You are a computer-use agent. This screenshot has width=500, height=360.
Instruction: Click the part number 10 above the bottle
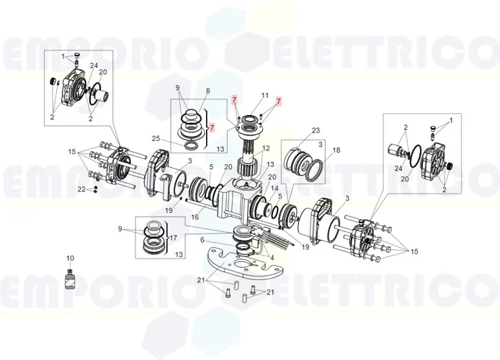point(70,258)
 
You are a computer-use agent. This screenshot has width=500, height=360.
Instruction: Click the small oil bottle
point(70,279)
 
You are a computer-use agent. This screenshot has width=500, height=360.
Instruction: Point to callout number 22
point(82,189)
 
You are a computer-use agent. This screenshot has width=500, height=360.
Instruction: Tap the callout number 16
point(195,216)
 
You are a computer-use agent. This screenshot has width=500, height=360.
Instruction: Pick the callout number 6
point(202,240)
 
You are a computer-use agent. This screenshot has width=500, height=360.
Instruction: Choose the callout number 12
point(266,148)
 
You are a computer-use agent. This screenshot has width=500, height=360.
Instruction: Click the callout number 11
point(264,95)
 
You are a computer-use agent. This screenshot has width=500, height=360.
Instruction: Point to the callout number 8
point(207,91)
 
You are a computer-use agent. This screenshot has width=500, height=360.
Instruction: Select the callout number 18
point(336,152)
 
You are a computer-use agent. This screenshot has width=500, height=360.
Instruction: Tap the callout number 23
point(315,130)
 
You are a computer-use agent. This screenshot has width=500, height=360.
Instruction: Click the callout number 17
point(171,238)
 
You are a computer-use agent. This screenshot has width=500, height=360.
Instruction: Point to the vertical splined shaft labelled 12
point(252,159)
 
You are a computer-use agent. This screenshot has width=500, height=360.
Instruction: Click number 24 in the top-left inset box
point(94,66)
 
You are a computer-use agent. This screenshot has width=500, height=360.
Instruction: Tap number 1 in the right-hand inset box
point(451,120)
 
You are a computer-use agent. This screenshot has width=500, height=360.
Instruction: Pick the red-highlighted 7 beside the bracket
point(211,127)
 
